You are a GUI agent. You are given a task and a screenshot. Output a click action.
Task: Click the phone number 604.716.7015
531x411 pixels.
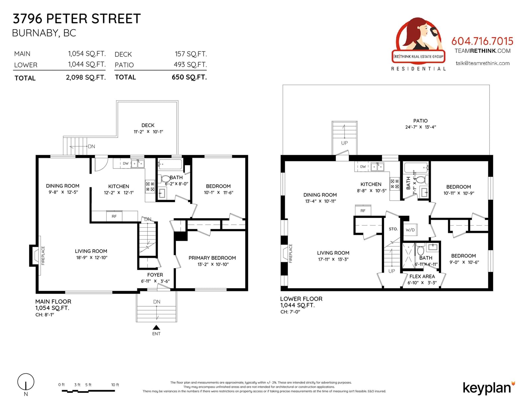(x=482, y=41)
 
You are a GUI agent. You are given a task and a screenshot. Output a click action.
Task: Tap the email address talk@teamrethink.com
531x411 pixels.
(x=482, y=63)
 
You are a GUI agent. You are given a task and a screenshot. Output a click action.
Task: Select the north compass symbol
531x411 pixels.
(x=26, y=382)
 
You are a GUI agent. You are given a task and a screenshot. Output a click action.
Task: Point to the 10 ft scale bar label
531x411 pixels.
(x=115, y=385)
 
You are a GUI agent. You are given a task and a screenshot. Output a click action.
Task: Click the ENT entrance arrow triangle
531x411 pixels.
(x=156, y=327)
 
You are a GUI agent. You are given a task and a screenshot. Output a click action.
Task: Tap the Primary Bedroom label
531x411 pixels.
(x=212, y=258)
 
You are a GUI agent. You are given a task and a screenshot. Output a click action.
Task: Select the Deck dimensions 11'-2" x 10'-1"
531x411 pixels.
(x=148, y=132)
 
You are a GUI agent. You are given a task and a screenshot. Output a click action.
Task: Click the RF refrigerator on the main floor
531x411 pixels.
(x=114, y=216)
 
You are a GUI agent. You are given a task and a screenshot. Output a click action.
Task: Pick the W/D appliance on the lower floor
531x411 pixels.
(x=410, y=230)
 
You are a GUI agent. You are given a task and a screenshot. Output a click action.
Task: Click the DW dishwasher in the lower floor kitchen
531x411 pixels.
(x=363, y=166)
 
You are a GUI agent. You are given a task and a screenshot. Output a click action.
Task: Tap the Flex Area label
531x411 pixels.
(x=422, y=276)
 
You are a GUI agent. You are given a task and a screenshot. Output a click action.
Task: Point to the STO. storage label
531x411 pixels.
(x=393, y=229)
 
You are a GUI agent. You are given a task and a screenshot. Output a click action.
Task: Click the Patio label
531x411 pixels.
(x=420, y=121)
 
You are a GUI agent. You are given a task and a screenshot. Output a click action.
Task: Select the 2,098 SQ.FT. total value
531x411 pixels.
(x=86, y=77)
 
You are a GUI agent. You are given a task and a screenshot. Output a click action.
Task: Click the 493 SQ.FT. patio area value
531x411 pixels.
(x=190, y=64)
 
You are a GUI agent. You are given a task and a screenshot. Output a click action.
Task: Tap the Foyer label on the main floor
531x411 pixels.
(x=155, y=275)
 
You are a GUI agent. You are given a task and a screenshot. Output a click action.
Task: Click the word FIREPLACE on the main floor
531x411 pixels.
(x=43, y=256)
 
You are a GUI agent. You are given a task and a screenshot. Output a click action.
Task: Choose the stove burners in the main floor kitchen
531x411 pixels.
(x=150, y=186)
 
